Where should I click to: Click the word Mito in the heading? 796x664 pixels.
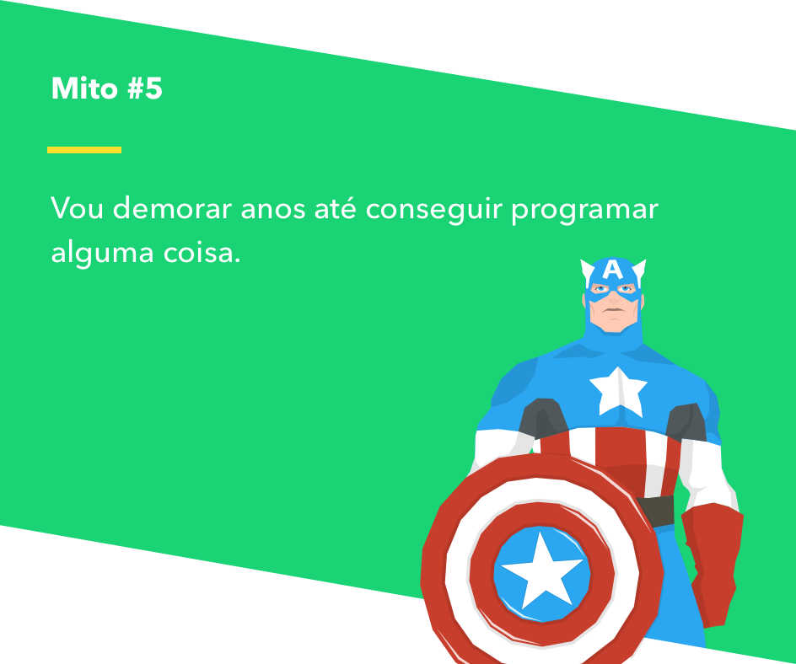(x=84, y=88)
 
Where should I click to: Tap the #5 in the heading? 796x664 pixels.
(x=145, y=88)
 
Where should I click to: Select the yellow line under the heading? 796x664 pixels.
(x=84, y=150)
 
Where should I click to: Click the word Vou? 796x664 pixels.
(x=77, y=208)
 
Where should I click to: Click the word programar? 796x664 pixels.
(x=584, y=211)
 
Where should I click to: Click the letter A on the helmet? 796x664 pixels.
(x=613, y=270)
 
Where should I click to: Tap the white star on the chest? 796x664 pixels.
(x=618, y=390)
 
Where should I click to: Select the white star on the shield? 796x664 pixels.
(x=541, y=570)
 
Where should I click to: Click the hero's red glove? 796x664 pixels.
(x=713, y=556)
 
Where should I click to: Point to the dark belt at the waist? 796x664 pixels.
(x=656, y=511)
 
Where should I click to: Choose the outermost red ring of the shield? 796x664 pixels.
(x=434, y=573)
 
